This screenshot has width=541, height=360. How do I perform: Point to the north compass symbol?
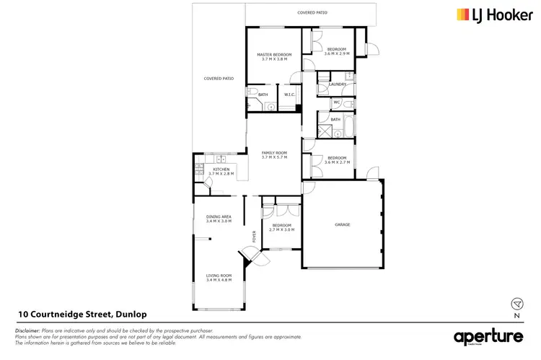[516, 304]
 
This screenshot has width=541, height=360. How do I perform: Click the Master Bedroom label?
[274, 57]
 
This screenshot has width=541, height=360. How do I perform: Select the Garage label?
[342, 225]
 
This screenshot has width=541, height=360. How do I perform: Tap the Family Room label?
[274, 155]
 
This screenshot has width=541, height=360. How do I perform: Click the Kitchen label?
[221, 171]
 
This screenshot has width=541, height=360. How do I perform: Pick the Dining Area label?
[218, 219]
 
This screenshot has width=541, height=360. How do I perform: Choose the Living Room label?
[218, 277]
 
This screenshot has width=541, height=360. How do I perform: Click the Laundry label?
[337, 84]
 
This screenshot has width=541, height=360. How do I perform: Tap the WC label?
[336, 102]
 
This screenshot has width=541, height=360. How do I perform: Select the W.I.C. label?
[288, 95]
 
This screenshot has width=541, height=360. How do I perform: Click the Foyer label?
[253, 236]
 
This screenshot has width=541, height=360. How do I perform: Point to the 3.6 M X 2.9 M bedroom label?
[336, 51]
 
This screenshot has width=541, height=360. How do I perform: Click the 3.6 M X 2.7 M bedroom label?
[336, 160]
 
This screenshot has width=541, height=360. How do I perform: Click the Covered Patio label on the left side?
[218, 78]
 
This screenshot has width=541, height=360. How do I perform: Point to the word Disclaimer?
[27, 330]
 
